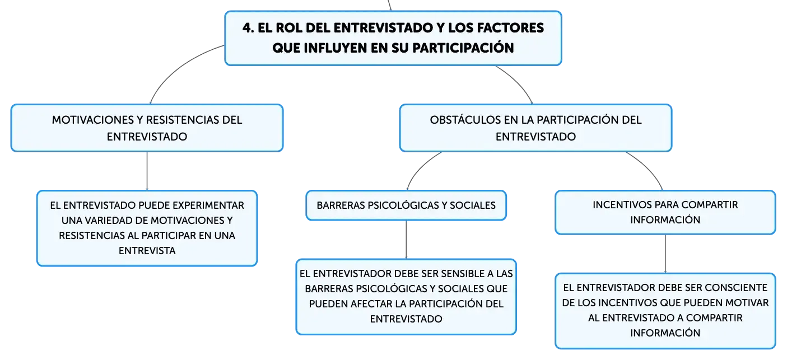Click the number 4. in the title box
point(248,28)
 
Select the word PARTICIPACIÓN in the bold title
point(463,48)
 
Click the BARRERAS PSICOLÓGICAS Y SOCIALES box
point(406,205)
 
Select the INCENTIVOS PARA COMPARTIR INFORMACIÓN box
point(665,212)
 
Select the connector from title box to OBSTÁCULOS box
point(518,82)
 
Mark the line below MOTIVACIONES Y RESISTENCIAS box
point(147,171)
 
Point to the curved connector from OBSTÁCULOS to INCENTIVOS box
point(649,167)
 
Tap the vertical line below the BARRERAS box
point(406,240)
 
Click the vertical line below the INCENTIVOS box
point(665,254)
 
